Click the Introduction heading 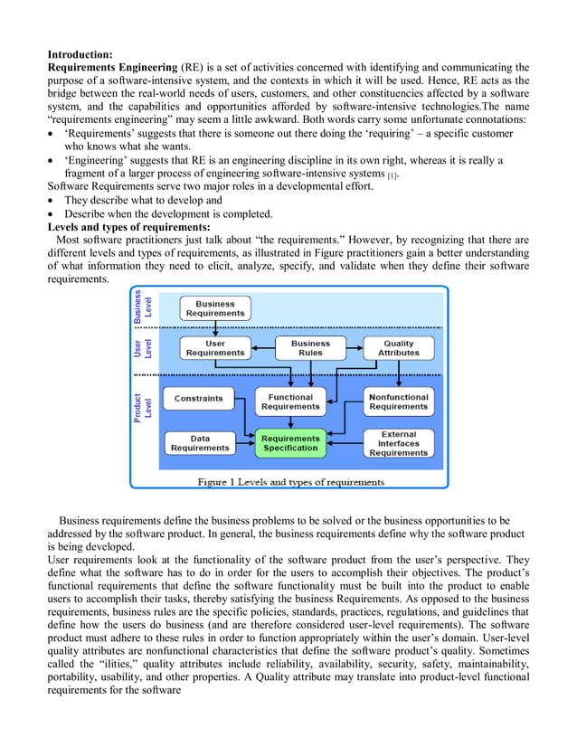[x=80, y=54]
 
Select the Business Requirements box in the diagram [x=214, y=308]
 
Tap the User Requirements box [x=214, y=348]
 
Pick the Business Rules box [x=310, y=348]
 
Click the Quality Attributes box [x=399, y=348]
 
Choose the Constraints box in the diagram [x=198, y=398]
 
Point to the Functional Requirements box [x=290, y=402]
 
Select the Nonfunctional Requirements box [x=399, y=402]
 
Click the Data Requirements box [x=199, y=443]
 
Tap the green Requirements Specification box [x=290, y=443]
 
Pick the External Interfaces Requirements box [x=399, y=443]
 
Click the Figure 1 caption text [x=290, y=482]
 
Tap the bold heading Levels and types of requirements [x=128, y=227]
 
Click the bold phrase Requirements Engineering [x=112, y=67]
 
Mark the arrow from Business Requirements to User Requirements [x=214, y=328]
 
